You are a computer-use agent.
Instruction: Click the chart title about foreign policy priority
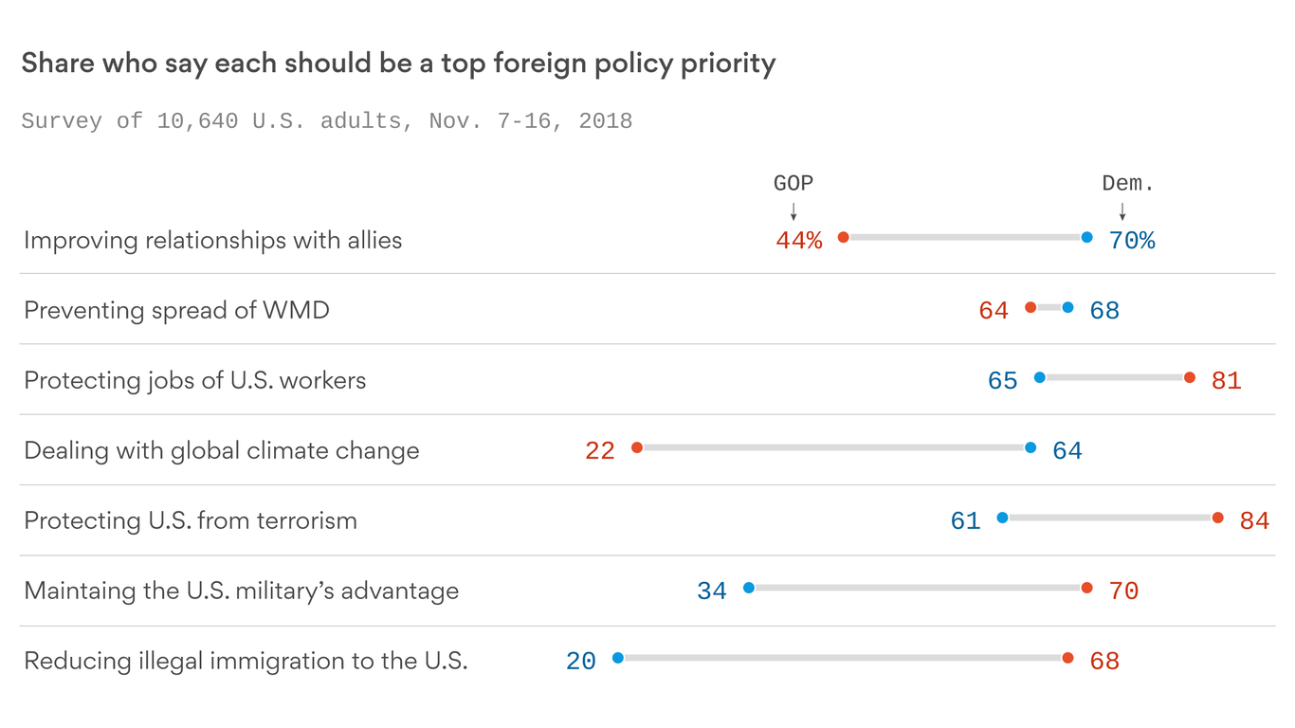click(398, 64)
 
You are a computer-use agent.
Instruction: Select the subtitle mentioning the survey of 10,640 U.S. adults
click(326, 121)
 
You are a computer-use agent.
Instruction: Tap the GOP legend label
click(793, 184)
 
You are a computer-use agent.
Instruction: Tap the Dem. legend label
click(1127, 184)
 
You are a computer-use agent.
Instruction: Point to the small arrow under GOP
click(793, 212)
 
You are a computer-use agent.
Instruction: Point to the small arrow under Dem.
click(1122, 212)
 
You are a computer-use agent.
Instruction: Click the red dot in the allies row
click(843, 237)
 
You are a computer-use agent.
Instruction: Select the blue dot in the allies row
click(1086, 237)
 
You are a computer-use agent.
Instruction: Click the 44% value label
click(799, 241)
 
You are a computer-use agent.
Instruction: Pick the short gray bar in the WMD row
click(1049, 307)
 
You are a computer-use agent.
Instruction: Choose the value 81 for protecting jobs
click(1226, 381)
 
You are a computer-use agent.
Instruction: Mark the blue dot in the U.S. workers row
click(1039, 377)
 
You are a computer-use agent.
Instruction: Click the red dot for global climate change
click(637, 447)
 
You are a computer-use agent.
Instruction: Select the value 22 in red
click(600, 451)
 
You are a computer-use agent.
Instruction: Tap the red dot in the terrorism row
click(1218, 518)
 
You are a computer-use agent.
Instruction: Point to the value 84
click(1254, 521)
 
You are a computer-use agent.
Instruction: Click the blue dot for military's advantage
click(749, 588)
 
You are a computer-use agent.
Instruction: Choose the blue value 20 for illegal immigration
click(581, 662)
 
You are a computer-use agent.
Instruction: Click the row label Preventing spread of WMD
click(176, 310)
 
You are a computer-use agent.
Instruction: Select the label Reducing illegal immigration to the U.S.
click(246, 661)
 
